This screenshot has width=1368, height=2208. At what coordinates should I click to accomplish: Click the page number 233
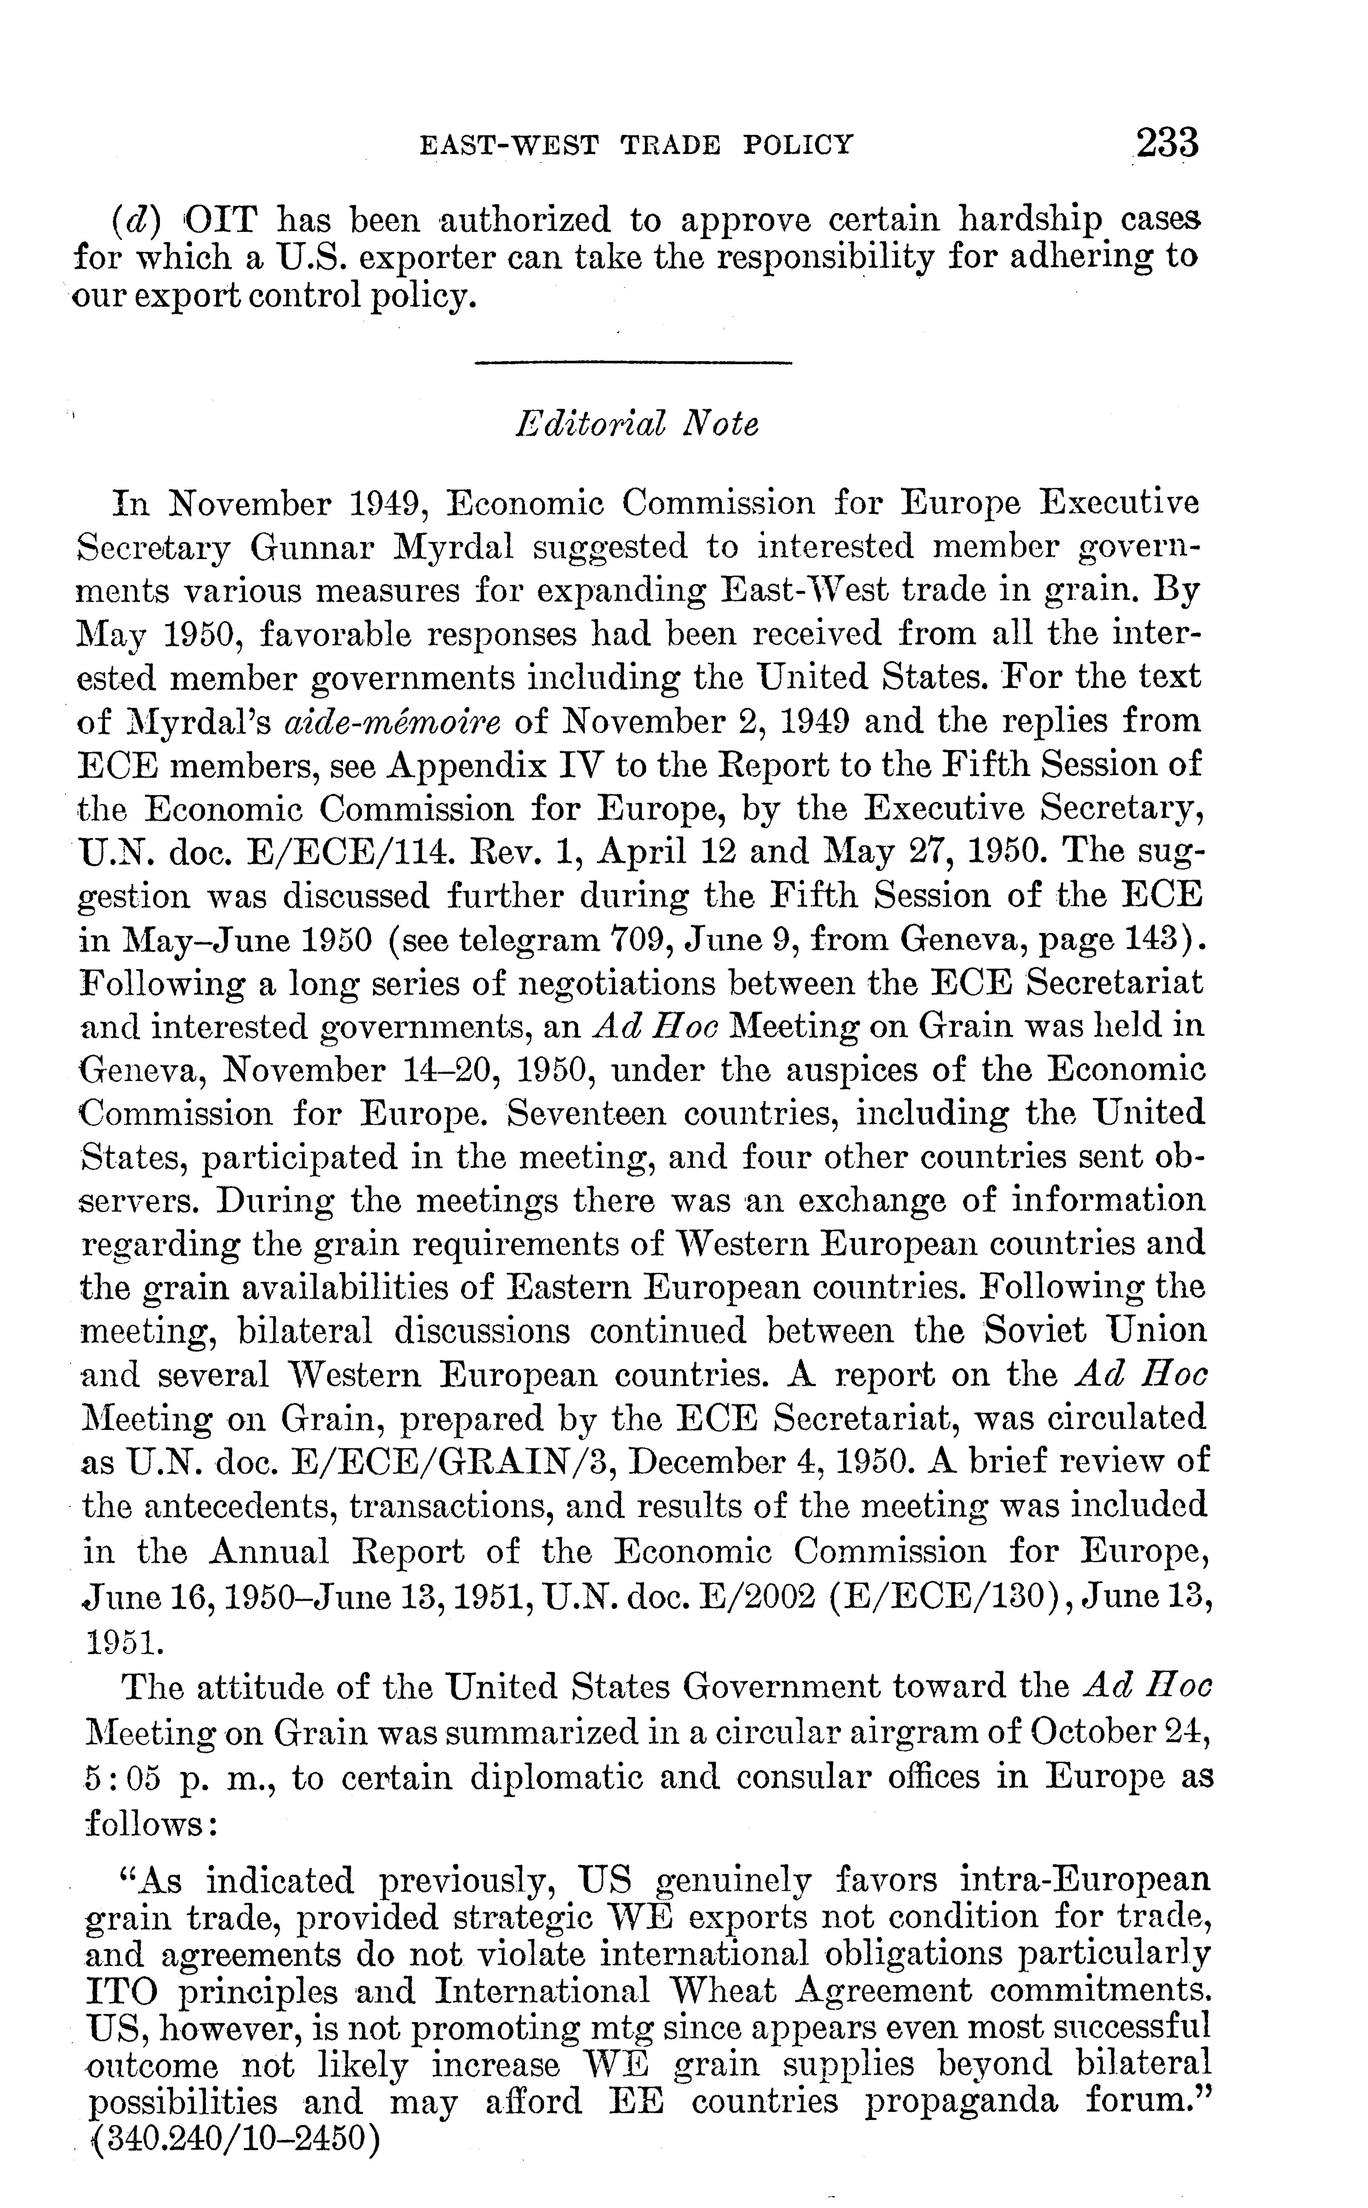[1167, 143]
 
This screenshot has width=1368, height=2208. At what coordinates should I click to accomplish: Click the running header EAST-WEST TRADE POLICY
[637, 145]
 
